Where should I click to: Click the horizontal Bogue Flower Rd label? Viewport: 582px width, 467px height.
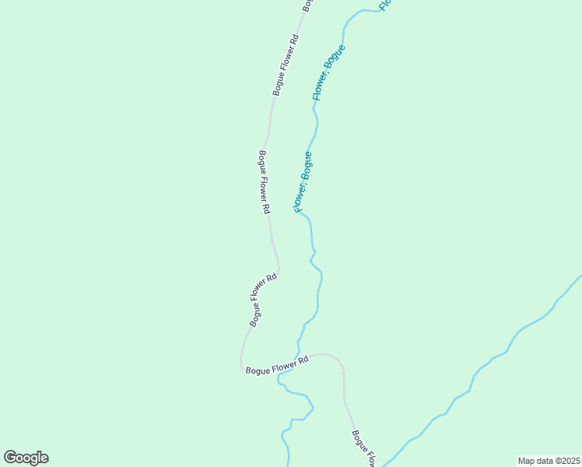[277, 365]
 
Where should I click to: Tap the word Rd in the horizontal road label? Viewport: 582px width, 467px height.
[303, 360]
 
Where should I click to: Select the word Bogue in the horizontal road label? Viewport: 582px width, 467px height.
[258, 370]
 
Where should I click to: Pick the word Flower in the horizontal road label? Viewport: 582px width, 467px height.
[282, 364]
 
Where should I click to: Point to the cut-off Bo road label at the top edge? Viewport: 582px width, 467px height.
[307, 5]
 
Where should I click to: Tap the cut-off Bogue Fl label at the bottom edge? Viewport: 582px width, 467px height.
[364, 448]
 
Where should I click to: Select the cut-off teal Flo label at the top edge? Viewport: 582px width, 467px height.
[384, 5]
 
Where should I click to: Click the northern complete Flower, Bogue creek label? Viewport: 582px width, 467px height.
[328, 72]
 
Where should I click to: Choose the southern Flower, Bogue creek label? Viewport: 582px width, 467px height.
[303, 182]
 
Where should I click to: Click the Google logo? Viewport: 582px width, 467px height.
[26, 458]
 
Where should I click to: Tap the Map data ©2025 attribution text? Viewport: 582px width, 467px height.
[549, 460]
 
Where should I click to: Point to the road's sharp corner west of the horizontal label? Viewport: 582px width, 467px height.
[241, 366]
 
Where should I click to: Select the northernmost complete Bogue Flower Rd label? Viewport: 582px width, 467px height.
[286, 65]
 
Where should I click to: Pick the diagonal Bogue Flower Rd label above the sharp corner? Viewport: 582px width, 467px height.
[263, 300]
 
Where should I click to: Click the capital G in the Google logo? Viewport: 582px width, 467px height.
[10, 458]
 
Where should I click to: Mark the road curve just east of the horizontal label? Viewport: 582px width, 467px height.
[336, 360]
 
